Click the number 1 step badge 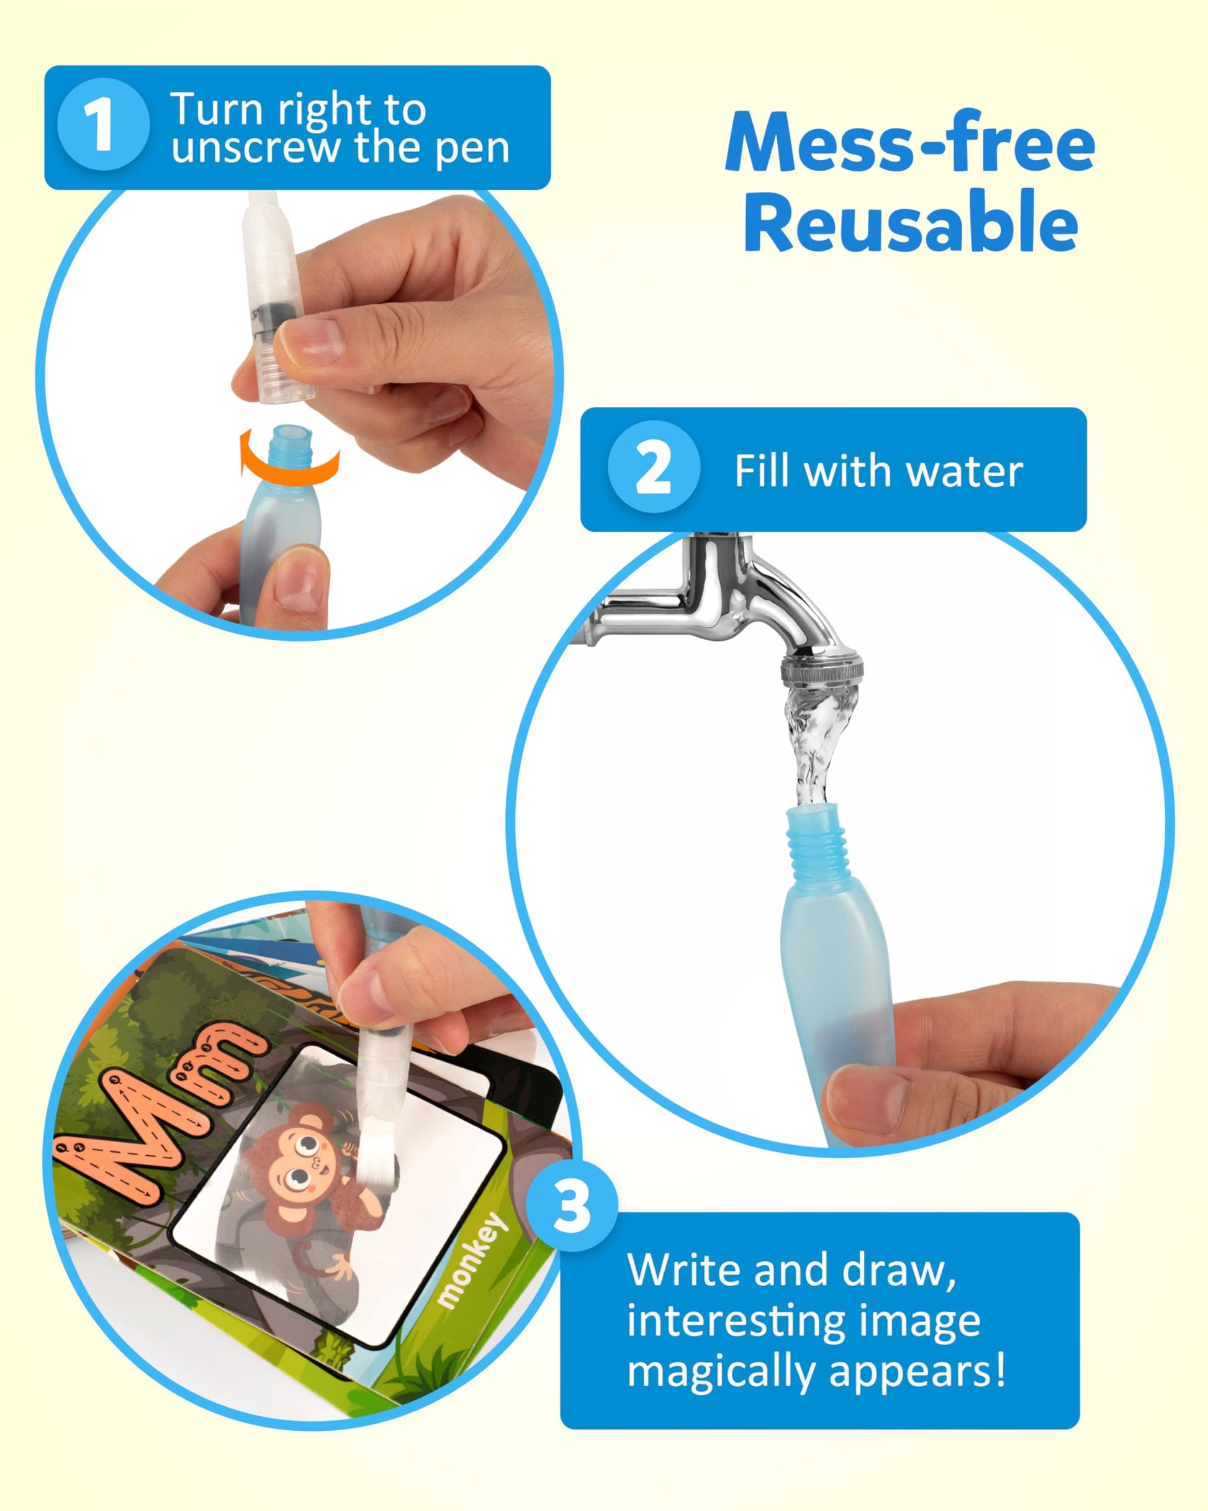[x=103, y=125]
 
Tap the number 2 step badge [x=654, y=466]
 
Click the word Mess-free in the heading [x=909, y=142]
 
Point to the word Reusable [x=910, y=222]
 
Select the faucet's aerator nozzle [x=822, y=669]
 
